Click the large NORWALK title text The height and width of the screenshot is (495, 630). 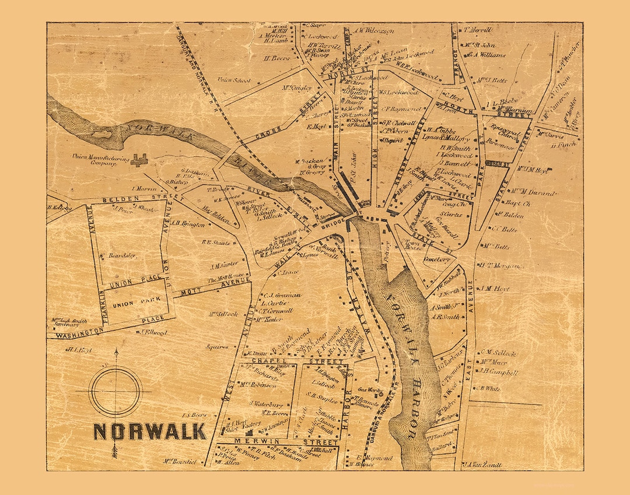tap(149, 431)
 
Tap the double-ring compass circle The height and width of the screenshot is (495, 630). tap(116, 391)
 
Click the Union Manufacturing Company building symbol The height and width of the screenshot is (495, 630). tap(138, 159)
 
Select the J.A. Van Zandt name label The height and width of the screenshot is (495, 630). tap(482, 465)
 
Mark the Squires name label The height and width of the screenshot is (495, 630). tap(217, 347)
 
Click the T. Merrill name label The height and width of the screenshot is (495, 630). tap(478, 30)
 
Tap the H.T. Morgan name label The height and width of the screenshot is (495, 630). tap(499, 265)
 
